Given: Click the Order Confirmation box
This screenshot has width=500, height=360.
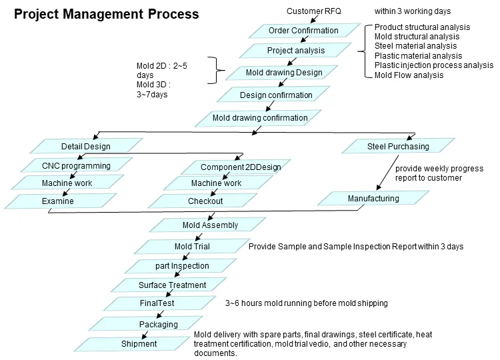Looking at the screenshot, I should tap(303, 31).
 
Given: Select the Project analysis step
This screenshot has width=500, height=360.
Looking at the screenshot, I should tap(296, 51).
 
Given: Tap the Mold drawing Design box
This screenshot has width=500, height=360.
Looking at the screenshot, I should tap(285, 73).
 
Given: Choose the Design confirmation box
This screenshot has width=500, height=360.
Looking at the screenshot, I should tap(276, 95).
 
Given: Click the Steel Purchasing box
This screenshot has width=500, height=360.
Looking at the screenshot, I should tap(398, 147).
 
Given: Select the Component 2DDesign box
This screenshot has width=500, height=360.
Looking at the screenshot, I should tap(231, 167).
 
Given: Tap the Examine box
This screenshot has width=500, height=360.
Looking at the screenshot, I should tap(58, 201).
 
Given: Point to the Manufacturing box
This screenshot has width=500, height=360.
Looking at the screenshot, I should tap(373, 199).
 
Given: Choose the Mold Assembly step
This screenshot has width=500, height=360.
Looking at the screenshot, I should tap(210, 225).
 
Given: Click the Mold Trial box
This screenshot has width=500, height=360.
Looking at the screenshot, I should tap(192, 247).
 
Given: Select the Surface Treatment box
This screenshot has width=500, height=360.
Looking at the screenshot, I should tap(172, 285).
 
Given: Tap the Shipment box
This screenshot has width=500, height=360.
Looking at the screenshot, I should tap(139, 344).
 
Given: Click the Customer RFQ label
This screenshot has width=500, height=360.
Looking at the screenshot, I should tap(313, 11).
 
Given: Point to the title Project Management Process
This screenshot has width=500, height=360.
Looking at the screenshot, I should tap(107, 14).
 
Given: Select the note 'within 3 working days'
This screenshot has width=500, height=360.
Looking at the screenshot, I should tap(413, 11).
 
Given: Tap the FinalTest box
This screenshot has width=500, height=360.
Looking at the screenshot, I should tap(157, 303).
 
